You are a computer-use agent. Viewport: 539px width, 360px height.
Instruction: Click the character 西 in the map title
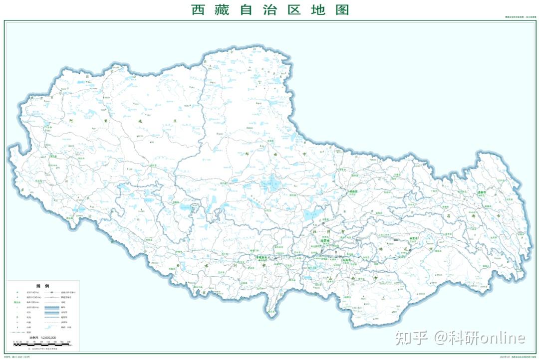[x=199, y=9]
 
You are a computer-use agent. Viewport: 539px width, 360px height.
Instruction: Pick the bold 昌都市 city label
[x=481, y=192]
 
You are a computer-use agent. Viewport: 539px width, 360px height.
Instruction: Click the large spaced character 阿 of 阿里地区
[x=72, y=120]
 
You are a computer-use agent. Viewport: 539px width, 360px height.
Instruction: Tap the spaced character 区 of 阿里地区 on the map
[x=174, y=121]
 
